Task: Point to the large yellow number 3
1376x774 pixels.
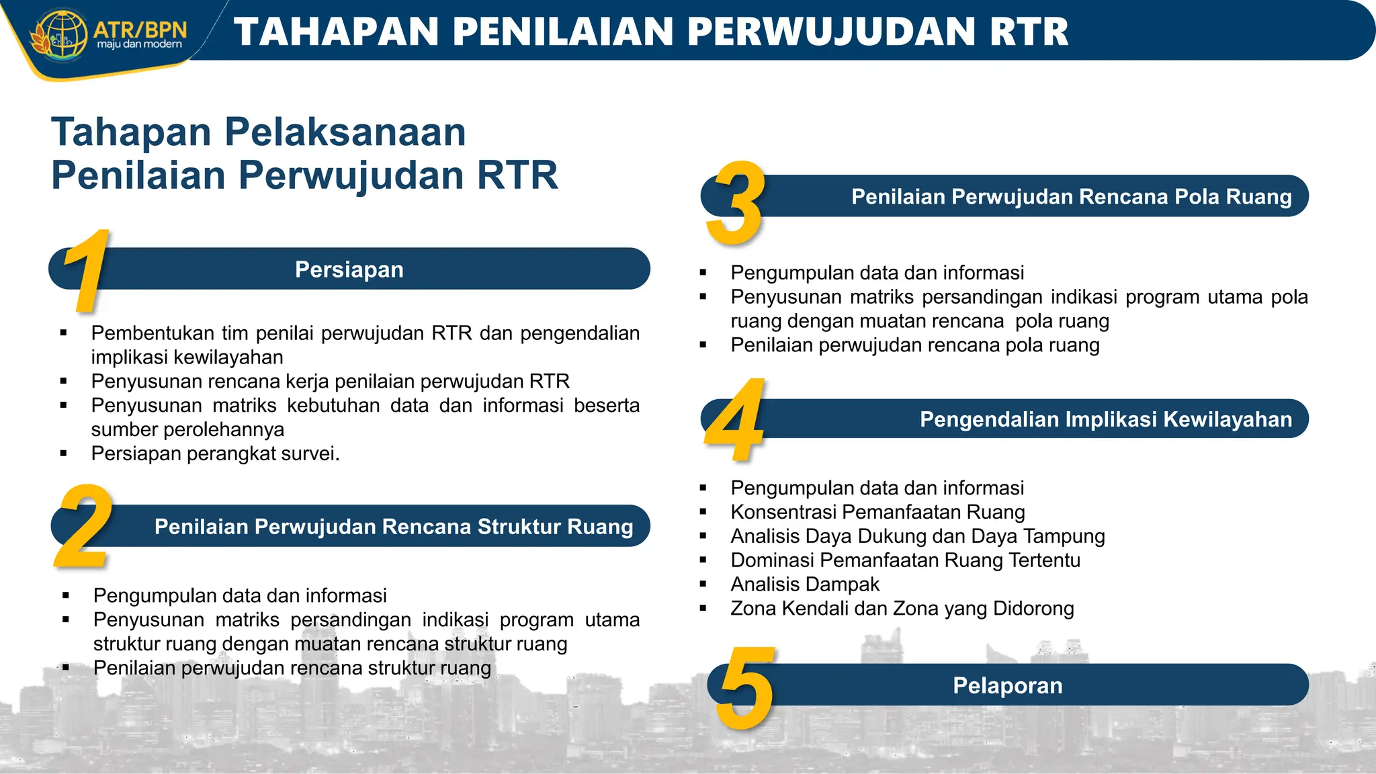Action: pyautogui.click(x=736, y=204)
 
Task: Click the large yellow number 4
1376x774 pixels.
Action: pyautogui.click(x=734, y=421)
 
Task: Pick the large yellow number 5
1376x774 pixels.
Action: pyautogui.click(x=745, y=687)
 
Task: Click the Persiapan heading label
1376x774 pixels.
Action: pyautogui.click(x=349, y=269)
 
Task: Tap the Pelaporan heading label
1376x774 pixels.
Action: pyautogui.click(x=1007, y=685)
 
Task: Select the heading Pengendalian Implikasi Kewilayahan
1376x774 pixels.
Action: pyautogui.click(x=1105, y=419)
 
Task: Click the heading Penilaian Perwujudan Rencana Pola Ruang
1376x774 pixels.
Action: pyautogui.click(x=1071, y=197)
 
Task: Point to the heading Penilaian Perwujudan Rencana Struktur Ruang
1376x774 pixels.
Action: pyautogui.click(x=394, y=527)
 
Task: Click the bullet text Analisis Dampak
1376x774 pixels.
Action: pyautogui.click(x=805, y=585)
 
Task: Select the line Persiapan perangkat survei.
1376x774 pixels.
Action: pyautogui.click(x=215, y=454)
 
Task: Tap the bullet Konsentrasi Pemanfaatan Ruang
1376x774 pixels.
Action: pyautogui.click(x=877, y=512)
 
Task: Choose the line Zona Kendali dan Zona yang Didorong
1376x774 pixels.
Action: pyautogui.click(x=902, y=609)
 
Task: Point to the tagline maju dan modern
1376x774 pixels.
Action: pyautogui.click(x=139, y=44)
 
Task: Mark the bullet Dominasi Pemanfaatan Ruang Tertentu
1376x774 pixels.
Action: pyautogui.click(x=905, y=560)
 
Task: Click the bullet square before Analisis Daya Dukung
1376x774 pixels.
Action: pyautogui.click(x=703, y=536)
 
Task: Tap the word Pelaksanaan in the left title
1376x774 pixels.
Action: pyautogui.click(x=345, y=132)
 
